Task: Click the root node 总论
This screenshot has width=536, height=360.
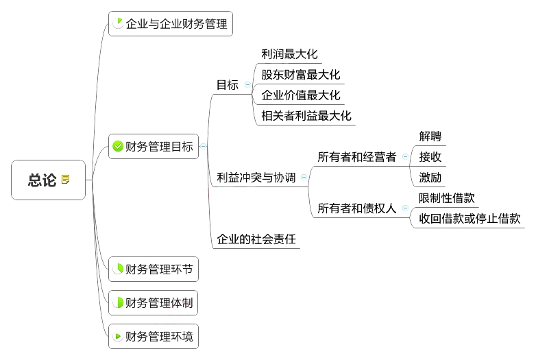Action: pyautogui.click(x=42, y=180)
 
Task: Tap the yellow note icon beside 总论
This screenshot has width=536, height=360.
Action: pyautogui.click(x=66, y=180)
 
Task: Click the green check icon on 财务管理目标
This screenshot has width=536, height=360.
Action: pyautogui.click(x=117, y=146)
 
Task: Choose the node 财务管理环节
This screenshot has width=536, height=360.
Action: pyautogui.click(x=159, y=269)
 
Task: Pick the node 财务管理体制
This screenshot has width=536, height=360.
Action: pyautogui.click(x=159, y=302)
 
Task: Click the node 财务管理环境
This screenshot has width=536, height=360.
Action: pyautogui.click(x=159, y=336)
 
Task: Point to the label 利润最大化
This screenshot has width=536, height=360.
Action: pyautogui.click(x=289, y=54)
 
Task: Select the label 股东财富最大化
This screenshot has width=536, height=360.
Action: pyautogui.click(x=300, y=75)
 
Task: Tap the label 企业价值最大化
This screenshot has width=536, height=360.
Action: pyautogui.click(x=300, y=95)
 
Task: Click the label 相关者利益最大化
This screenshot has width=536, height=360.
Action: pyautogui.click(x=306, y=116)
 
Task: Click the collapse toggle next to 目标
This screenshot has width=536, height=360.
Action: pyautogui.click(x=247, y=85)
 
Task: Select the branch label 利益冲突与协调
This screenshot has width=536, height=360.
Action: pyautogui.click(x=256, y=178)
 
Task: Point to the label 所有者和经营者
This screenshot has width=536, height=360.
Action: pyautogui.click(x=356, y=157)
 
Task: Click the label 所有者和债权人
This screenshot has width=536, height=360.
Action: pyautogui.click(x=356, y=208)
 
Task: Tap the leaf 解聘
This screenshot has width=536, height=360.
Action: pyautogui.click(x=430, y=136)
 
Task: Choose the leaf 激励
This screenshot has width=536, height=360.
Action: pyautogui.click(x=430, y=178)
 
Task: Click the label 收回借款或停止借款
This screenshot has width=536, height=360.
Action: pyautogui.click(x=470, y=219)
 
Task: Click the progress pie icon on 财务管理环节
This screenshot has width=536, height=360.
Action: pyautogui.click(x=117, y=269)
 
